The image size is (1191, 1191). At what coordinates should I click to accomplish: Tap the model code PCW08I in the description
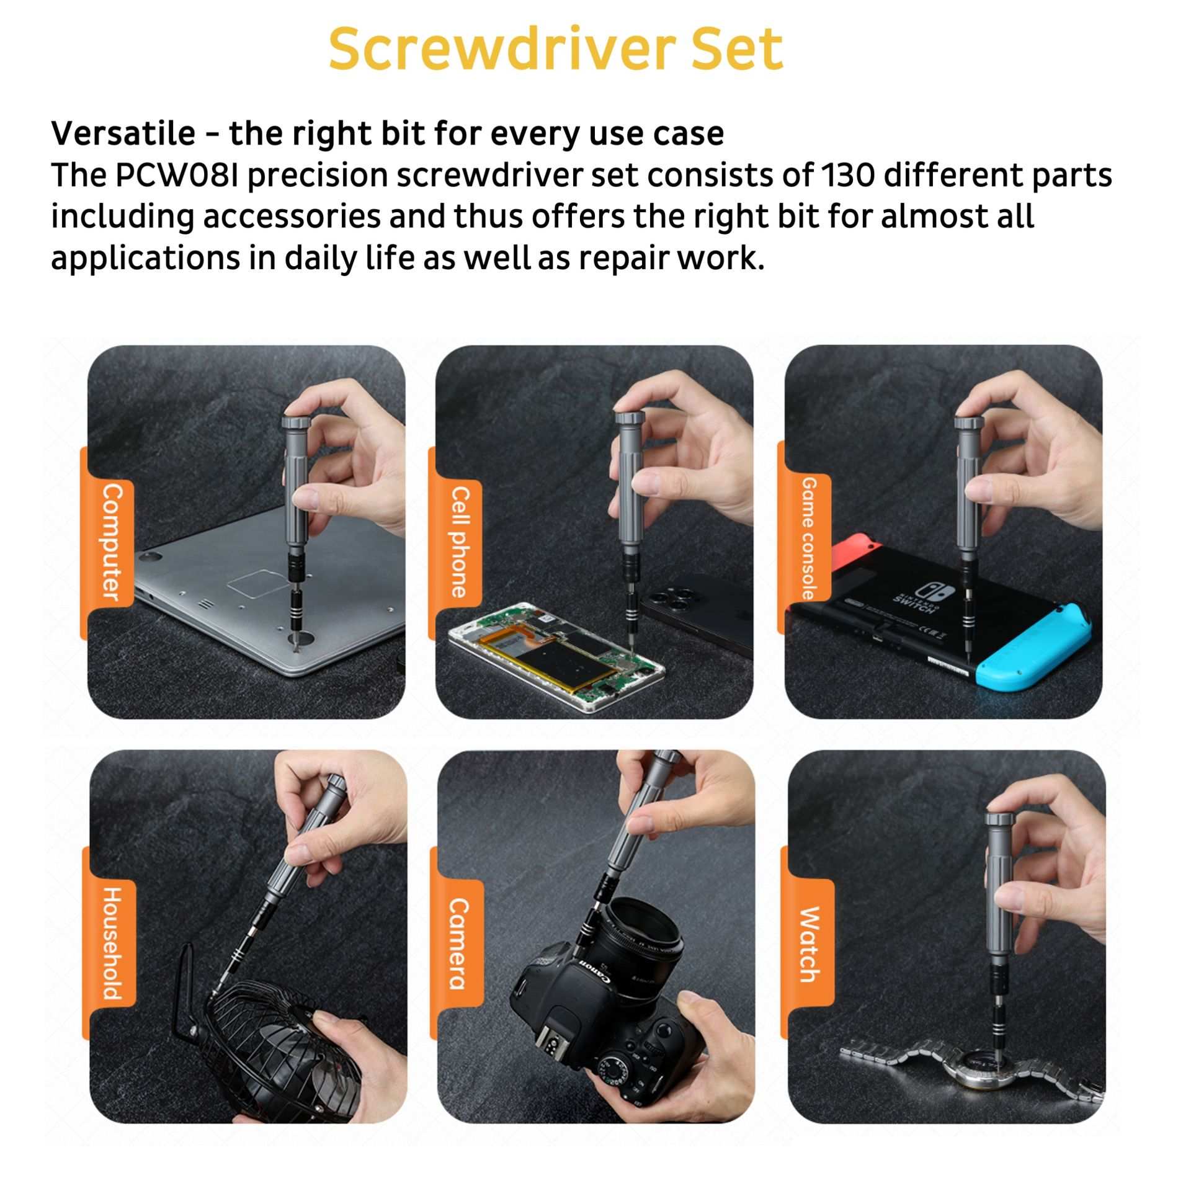coord(179,176)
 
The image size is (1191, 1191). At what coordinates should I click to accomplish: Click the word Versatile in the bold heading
coord(123,133)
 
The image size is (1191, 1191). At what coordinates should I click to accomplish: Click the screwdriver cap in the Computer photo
coord(296,421)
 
